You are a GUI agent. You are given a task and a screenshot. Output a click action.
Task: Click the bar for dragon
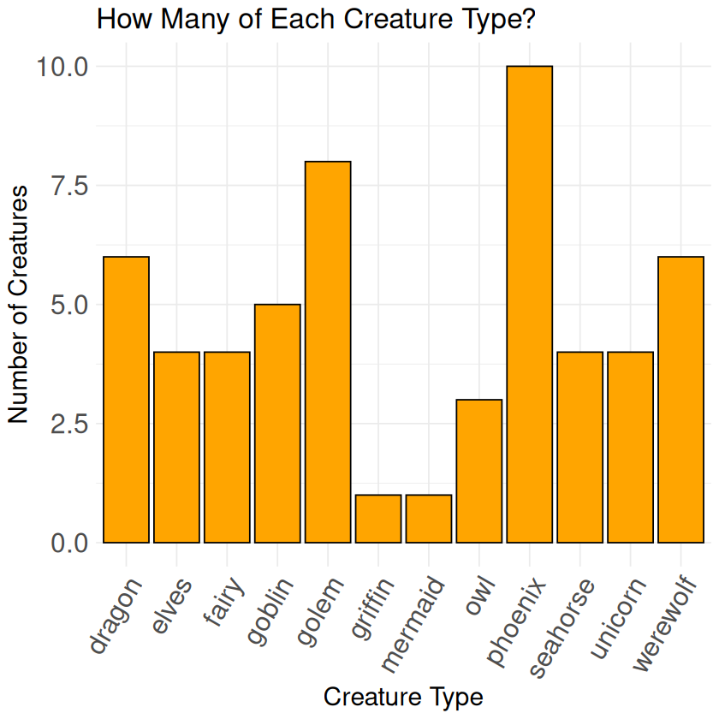tap(126, 400)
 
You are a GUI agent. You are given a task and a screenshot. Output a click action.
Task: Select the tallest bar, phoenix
tap(530, 304)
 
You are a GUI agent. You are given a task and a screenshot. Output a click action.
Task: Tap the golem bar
tap(328, 352)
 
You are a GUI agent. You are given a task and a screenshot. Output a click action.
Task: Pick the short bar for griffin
tap(378, 519)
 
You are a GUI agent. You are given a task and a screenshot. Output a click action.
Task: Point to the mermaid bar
tap(429, 519)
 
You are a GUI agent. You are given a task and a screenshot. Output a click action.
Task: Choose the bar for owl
tap(479, 471)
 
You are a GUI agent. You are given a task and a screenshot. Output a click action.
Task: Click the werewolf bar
tap(680, 400)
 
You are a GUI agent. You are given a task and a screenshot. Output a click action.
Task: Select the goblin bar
tap(277, 424)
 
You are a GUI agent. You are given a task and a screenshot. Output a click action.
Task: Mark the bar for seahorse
tap(579, 447)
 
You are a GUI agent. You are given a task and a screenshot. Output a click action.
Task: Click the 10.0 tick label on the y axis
tap(62, 67)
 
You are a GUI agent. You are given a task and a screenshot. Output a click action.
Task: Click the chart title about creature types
tap(316, 19)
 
